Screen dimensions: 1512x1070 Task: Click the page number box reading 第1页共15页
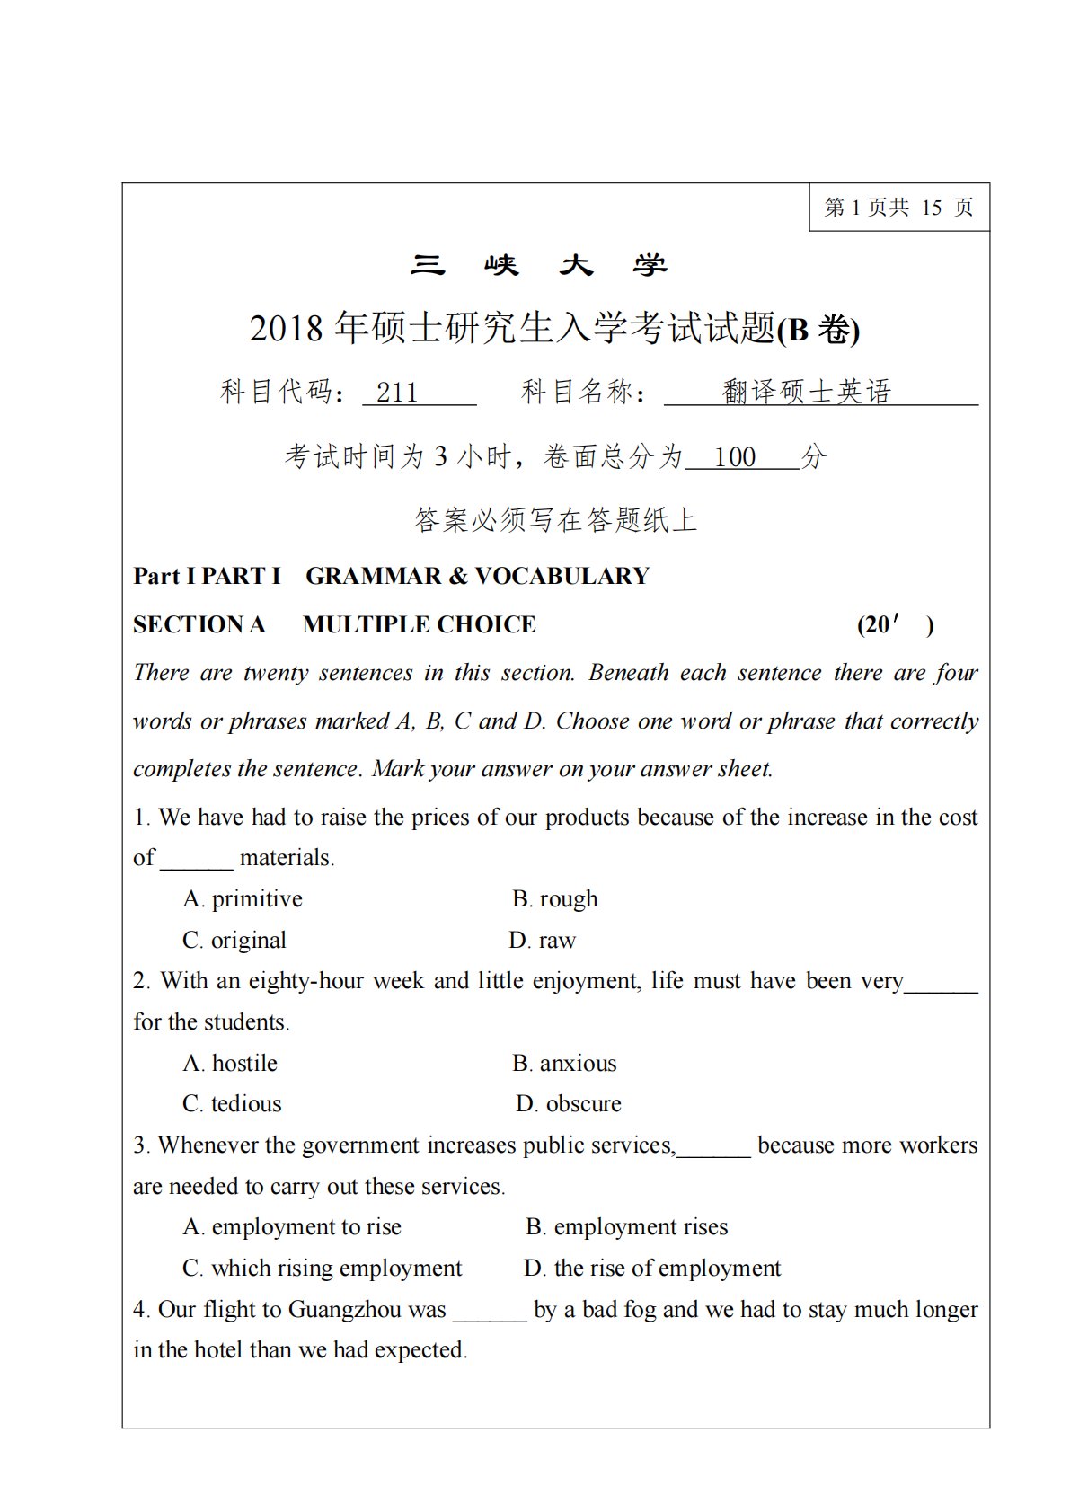click(898, 208)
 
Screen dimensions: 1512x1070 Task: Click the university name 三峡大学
click(539, 265)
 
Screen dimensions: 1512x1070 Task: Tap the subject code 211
click(397, 393)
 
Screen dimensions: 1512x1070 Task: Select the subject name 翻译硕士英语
click(806, 392)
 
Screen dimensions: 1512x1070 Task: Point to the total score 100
click(735, 457)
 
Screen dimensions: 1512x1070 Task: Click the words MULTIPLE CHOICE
click(419, 624)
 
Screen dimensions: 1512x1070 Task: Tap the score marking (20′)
click(895, 624)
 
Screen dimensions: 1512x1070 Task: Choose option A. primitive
click(243, 899)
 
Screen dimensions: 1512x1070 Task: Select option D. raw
click(542, 941)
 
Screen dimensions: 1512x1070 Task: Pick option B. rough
click(554, 899)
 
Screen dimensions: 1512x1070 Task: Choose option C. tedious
click(232, 1104)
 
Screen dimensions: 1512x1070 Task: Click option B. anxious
click(564, 1064)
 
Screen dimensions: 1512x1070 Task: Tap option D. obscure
click(568, 1104)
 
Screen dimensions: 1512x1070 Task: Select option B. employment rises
click(626, 1227)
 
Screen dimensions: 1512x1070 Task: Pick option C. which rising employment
click(322, 1269)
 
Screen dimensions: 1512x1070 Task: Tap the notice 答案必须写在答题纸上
click(555, 520)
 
